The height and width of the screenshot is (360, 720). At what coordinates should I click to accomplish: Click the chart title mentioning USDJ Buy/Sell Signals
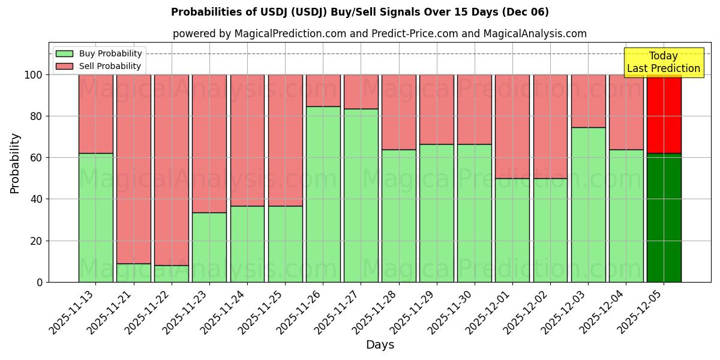pos(359,12)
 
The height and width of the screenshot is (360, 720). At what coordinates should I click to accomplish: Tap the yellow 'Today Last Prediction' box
pos(663,62)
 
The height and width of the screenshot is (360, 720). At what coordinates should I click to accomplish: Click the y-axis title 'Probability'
pos(15,163)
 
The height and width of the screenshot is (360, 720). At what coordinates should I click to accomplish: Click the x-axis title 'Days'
pos(380,345)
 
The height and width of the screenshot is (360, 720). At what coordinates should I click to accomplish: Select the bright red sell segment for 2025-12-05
pos(664,114)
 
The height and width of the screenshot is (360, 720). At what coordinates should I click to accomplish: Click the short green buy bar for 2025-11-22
pos(172,274)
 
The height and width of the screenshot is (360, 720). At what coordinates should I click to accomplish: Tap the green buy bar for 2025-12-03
pos(588,205)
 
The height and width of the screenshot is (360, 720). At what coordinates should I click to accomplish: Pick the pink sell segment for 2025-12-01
pos(512,126)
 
